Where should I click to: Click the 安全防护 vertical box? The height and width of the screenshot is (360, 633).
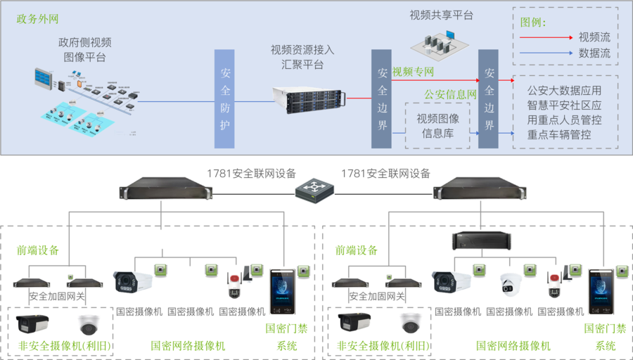click(x=224, y=99)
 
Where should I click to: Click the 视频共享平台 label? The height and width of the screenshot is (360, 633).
click(x=442, y=15)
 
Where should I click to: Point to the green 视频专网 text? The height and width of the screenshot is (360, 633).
click(x=413, y=72)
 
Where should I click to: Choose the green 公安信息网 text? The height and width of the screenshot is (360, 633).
click(x=450, y=94)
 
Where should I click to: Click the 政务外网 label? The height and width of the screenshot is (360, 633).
click(x=36, y=18)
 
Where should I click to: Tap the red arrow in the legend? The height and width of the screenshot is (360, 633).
click(x=546, y=37)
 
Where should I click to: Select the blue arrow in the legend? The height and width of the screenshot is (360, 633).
click(x=546, y=53)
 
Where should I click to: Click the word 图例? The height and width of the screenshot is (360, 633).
click(x=533, y=22)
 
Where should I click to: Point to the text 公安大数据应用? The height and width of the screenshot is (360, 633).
click(x=564, y=90)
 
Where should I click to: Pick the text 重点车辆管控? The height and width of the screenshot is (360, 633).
click(x=559, y=134)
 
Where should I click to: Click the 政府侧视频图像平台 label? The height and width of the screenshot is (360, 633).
click(x=84, y=49)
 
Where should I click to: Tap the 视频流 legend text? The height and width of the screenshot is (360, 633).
click(x=594, y=37)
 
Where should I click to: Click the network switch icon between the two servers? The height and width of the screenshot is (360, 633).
click(x=314, y=189)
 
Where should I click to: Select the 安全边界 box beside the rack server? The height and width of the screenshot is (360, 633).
click(x=382, y=99)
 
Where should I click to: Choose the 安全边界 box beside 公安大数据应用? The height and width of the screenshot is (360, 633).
click(x=489, y=99)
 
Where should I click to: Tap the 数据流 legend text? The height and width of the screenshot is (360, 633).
click(x=594, y=53)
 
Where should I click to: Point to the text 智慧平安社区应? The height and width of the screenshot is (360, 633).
click(x=564, y=105)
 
